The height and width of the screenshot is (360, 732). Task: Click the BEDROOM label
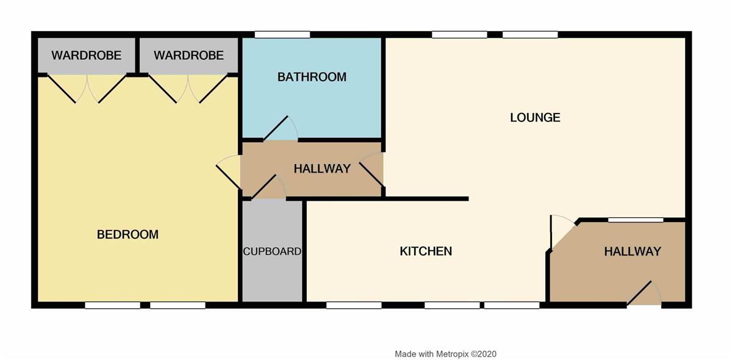pyautogui.click(x=127, y=234)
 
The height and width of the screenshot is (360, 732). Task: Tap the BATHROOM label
pyautogui.click(x=312, y=77)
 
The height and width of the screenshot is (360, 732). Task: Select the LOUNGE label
pyautogui.click(x=536, y=118)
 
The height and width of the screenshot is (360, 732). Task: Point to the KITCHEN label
pyautogui.click(x=426, y=251)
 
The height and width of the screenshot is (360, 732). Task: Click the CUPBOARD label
pyautogui.click(x=272, y=251)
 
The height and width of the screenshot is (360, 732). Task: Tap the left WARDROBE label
pyautogui.click(x=86, y=56)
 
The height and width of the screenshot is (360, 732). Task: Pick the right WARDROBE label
pyautogui.click(x=188, y=56)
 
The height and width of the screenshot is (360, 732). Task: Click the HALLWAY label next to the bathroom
pyautogui.click(x=322, y=169)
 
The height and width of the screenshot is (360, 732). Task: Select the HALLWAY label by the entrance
pyautogui.click(x=633, y=251)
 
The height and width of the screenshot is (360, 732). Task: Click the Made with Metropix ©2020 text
pyautogui.click(x=445, y=354)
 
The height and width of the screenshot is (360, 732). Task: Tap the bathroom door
pyautogui.click(x=276, y=128)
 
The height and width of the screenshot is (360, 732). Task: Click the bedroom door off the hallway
pyautogui.click(x=228, y=177)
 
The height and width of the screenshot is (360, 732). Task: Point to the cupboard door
pyautogui.click(x=264, y=187)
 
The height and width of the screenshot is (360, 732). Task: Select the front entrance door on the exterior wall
pyautogui.click(x=639, y=293)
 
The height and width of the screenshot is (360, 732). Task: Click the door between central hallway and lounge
pyautogui.click(x=371, y=175)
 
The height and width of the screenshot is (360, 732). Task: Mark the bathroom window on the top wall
pyautogui.click(x=282, y=35)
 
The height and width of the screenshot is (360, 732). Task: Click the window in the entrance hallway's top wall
pyautogui.click(x=636, y=220)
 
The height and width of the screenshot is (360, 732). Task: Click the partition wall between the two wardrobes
pyautogui.click(x=138, y=56)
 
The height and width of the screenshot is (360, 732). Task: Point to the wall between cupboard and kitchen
pyautogui.click(x=304, y=251)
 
